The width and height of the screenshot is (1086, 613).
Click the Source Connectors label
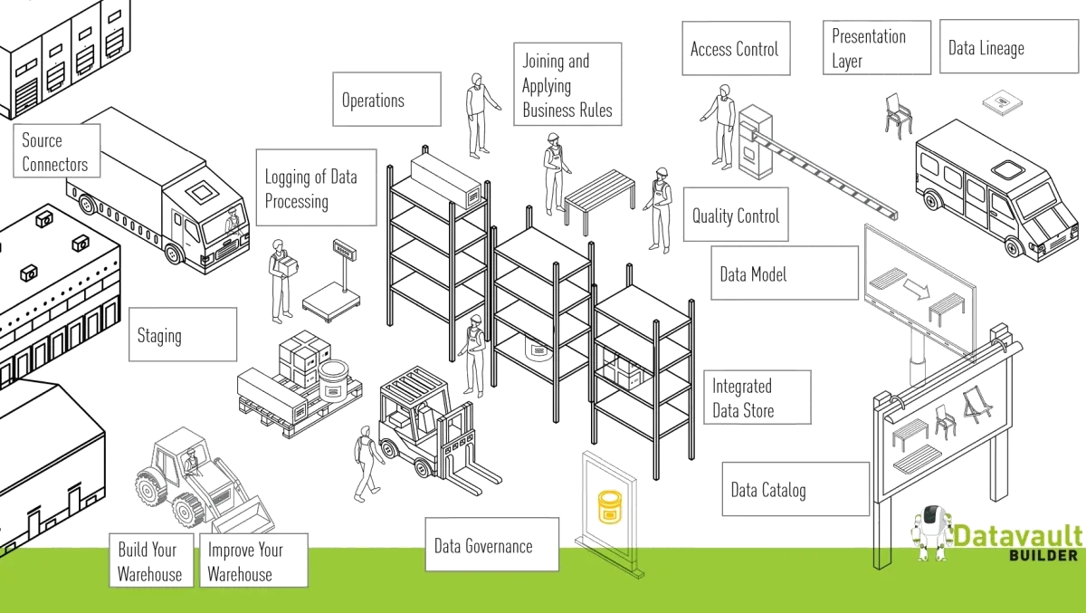[56, 152]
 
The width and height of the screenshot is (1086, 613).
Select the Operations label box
[384, 100]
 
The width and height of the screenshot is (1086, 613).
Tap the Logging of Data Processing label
[313, 188]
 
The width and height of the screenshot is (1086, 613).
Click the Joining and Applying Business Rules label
[565, 86]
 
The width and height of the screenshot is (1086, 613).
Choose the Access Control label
[737, 48]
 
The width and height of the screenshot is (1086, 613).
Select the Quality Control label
[735, 216]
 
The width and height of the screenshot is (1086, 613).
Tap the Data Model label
[784, 273]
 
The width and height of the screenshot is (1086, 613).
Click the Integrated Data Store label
[758, 398]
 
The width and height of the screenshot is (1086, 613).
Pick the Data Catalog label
[794, 490]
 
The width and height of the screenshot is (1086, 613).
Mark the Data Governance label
[491, 545]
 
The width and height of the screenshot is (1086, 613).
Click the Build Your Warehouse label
[150, 560]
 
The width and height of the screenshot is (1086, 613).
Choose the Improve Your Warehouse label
[246, 560]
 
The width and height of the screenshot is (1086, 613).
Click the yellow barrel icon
[610, 507]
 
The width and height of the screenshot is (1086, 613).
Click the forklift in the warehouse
[421, 430]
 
